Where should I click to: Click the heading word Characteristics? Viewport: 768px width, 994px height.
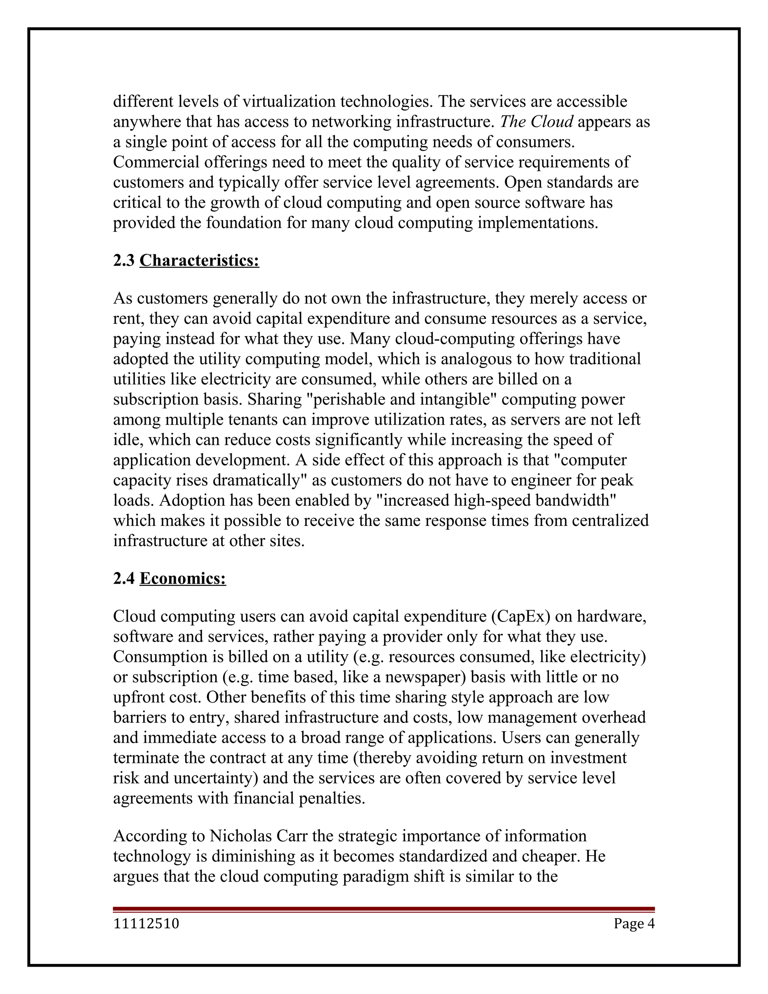click(199, 260)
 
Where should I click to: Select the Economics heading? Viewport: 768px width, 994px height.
click(183, 578)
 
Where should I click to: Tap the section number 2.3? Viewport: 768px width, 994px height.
click(124, 260)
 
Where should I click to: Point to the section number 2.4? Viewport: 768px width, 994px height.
click(124, 578)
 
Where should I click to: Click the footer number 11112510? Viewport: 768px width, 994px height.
click(146, 923)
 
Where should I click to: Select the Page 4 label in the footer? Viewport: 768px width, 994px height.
click(634, 923)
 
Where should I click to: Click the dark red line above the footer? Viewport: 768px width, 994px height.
click(384, 909)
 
